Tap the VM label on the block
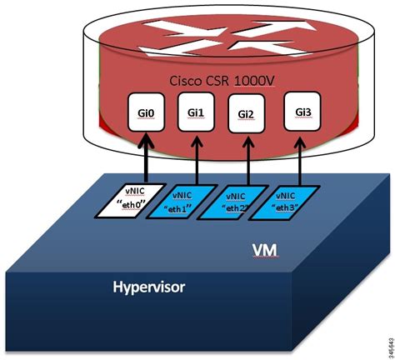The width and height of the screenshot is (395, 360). tap(264, 249)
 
